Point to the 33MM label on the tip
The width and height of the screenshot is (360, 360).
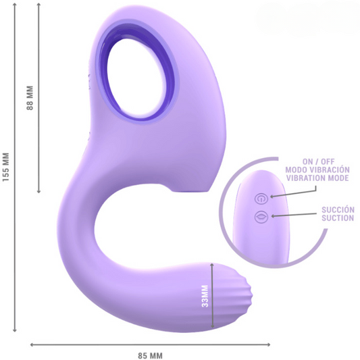tap(205, 294)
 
